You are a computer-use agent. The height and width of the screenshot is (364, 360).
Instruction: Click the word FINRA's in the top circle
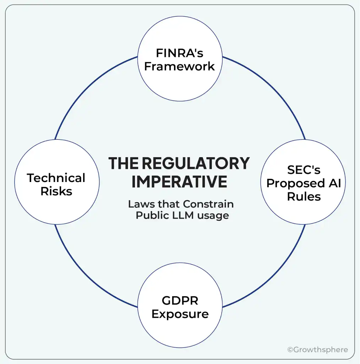(180, 53)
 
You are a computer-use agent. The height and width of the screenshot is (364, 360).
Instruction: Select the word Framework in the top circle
(180, 66)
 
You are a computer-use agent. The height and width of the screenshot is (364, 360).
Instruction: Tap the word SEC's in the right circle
(304, 170)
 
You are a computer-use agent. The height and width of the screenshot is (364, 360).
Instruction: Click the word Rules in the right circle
(304, 196)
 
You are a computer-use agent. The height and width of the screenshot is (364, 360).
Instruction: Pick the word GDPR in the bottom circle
(180, 301)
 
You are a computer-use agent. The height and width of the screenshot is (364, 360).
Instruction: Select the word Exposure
(180, 314)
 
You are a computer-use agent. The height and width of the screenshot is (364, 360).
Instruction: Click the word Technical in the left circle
(56, 178)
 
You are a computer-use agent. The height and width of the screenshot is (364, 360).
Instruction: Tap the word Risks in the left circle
(56, 191)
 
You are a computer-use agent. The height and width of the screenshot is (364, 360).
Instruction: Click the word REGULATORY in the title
(196, 164)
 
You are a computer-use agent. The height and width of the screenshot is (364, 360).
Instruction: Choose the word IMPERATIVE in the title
(179, 182)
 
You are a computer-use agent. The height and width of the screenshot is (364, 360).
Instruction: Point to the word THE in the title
(123, 164)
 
